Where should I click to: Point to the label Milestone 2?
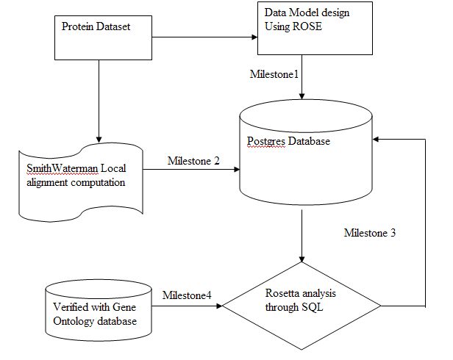pyautogui.click(x=193, y=161)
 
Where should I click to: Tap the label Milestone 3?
pyautogui.click(x=370, y=233)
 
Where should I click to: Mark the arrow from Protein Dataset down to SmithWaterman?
pyautogui.click(x=97, y=103)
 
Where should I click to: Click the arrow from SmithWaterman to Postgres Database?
pyautogui.click(x=191, y=170)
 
